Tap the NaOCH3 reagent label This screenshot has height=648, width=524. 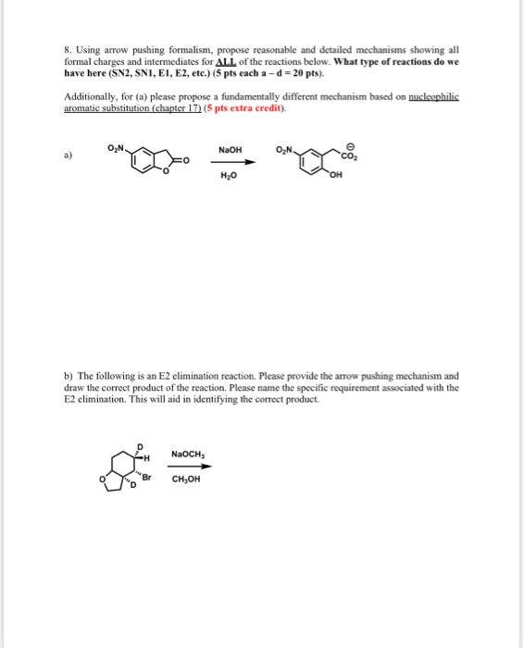click(x=186, y=453)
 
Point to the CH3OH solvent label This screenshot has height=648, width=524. click(x=185, y=479)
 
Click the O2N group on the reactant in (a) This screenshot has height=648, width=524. click(x=117, y=149)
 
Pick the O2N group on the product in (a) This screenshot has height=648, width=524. click(x=285, y=149)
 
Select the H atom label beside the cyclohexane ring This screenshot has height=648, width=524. click(x=148, y=455)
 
